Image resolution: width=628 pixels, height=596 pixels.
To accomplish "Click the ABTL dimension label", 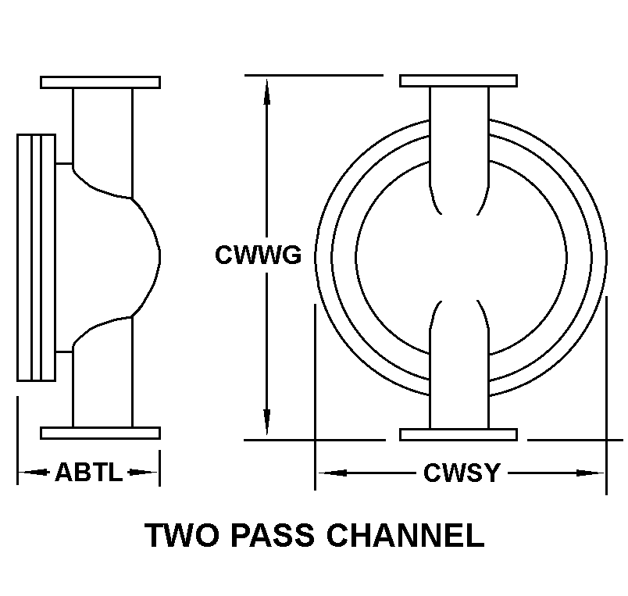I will click(x=88, y=472).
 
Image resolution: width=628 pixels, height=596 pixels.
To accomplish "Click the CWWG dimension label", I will click(x=258, y=255).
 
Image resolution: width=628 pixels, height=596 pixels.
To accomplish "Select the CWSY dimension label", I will click(x=461, y=473).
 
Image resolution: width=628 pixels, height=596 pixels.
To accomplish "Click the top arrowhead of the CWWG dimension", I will click(x=267, y=89).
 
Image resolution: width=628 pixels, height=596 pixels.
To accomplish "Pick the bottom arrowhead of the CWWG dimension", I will click(x=267, y=425).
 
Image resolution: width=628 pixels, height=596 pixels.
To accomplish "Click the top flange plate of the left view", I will click(x=100, y=82).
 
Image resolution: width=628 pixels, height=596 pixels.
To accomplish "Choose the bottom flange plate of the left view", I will click(x=100, y=433).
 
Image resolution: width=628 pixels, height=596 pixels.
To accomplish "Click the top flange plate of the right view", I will click(x=458, y=81).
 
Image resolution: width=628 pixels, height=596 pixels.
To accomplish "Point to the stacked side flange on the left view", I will click(x=36, y=257).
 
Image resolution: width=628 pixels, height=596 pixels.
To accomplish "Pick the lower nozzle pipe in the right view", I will click(x=459, y=375).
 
